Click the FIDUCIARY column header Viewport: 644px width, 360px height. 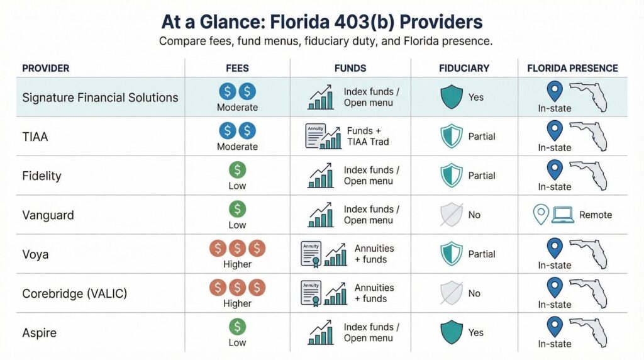(x=464, y=68)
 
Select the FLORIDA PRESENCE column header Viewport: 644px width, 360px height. (x=572, y=68)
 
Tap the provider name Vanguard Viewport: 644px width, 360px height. (x=48, y=215)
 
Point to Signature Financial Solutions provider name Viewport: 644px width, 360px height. (x=100, y=98)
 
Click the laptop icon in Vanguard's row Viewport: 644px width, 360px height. (x=562, y=215)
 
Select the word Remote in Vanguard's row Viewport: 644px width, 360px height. (x=595, y=215)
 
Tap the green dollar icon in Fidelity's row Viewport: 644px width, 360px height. (x=237, y=170)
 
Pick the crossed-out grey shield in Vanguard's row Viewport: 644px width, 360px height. (x=451, y=215)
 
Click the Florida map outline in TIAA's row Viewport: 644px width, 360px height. (x=589, y=137)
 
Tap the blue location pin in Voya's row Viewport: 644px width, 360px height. (x=554, y=247)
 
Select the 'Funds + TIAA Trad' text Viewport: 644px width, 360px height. (x=368, y=137)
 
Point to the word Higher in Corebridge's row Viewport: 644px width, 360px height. (x=237, y=303)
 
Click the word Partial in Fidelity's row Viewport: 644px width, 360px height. (x=482, y=176)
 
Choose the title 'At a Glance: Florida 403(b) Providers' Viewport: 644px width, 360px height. (x=321, y=23)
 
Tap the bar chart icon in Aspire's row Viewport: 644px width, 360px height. (x=321, y=332)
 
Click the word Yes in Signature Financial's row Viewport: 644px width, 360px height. (x=476, y=98)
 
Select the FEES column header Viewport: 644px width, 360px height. (x=238, y=68)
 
